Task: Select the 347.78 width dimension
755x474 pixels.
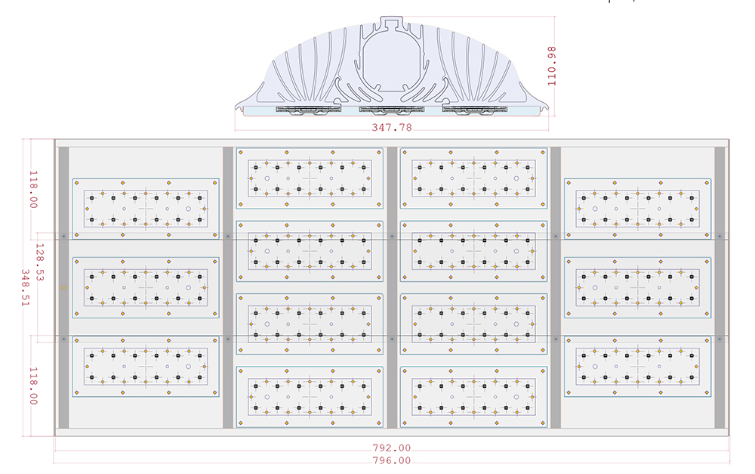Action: [392, 127]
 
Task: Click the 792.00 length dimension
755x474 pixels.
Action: [392, 448]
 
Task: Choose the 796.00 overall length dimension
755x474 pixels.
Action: [392, 460]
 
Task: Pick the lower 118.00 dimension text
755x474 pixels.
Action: [32, 386]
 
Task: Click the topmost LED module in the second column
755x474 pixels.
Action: [310, 178]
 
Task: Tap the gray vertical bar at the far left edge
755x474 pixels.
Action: [63, 287]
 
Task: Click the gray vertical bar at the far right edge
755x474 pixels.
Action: [720, 287]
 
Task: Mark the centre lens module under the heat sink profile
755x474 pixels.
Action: [391, 111]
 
